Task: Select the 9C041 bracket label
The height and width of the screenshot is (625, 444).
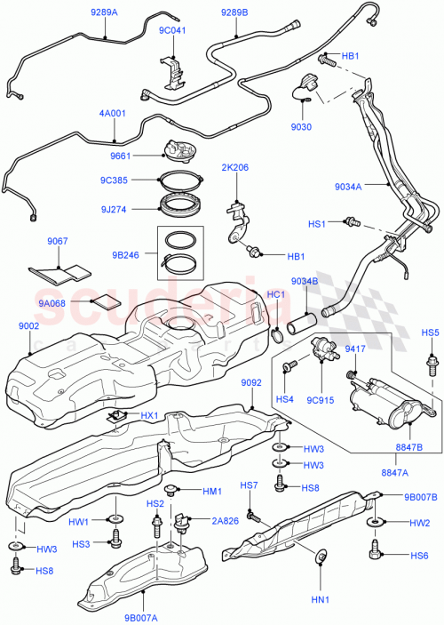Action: point(173,29)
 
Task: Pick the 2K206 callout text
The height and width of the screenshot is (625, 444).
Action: point(236,167)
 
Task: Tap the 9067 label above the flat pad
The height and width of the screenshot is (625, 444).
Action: point(57,241)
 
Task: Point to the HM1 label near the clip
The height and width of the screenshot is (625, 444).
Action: point(211,491)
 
